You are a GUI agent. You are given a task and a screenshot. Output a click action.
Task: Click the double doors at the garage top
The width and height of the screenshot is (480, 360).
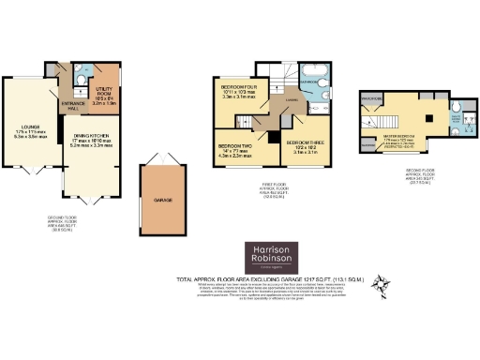click(x=156, y=168)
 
